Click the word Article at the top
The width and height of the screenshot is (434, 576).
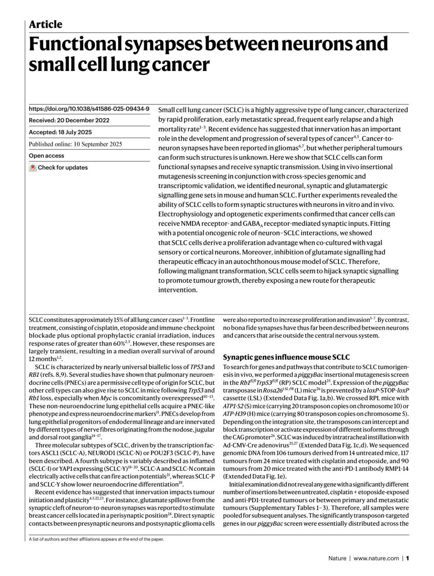pyautogui.click(x=45, y=25)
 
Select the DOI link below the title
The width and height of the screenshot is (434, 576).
pyautogui.click(x=89, y=108)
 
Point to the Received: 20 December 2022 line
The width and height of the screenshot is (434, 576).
pyautogui.click(x=69, y=120)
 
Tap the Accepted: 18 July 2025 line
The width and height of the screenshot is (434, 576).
pyautogui.click(x=60, y=132)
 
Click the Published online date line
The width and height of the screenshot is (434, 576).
pyautogui.click(x=75, y=144)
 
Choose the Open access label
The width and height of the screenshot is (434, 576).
pyautogui.click(x=46, y=156)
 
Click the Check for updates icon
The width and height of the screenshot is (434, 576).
pyautogui.click(x=33, y=168)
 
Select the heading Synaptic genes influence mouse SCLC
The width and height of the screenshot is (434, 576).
pyautogui.click(x=286, y=357)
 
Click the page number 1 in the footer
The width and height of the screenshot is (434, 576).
pyautogui.click(x=407, y=558)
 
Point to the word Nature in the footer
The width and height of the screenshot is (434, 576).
pyautogui.click(x=337, y=558)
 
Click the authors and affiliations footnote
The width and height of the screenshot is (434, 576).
pyautogui.click(x=96, y=539)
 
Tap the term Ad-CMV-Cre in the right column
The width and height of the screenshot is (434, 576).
pyautogui.click(x=238, y=445)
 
